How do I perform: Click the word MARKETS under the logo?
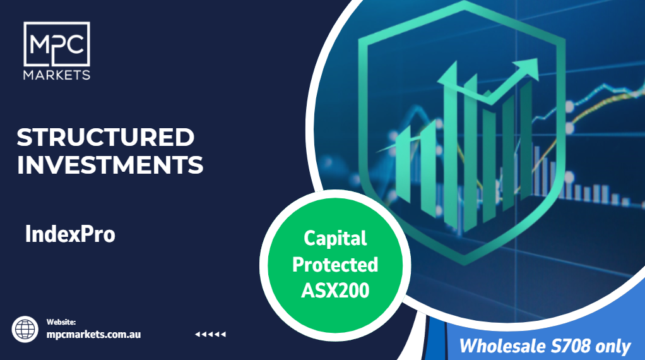pos(57,75)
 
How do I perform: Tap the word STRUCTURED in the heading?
pos(105,137)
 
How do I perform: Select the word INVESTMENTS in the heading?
pos(110,165)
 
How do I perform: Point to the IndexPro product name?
pos(70,234)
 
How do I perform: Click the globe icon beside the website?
pos(25,329)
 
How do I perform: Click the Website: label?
pos(61,322)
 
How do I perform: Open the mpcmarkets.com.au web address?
pos(93,335)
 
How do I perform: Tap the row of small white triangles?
pos(210,334)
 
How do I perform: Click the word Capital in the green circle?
pos(335,238)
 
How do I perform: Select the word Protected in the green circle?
pos(335,265)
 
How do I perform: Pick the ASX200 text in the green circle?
pos(335,291)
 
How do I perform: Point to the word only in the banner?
pos(613,347)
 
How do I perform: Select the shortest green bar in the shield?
pos(403,165)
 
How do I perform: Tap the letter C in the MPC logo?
pos(76,44)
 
